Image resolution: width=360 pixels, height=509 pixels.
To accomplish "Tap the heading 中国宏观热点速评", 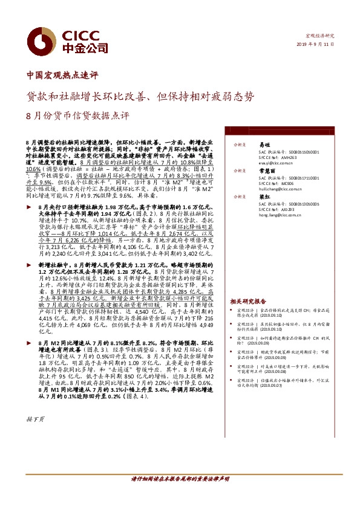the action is click(x=62, y=77).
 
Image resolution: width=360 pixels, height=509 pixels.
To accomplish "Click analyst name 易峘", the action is click(x=264, y=146).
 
